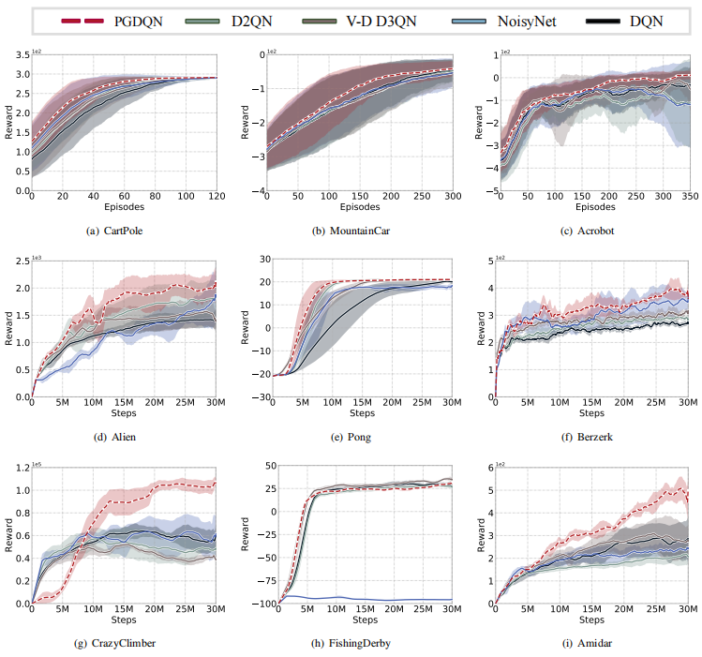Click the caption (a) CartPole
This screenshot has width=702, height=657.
pyautogui.click(x=124, y=231)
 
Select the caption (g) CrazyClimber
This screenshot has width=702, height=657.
pyautogui.click(x=124, y=644)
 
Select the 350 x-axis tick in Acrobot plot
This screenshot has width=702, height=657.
pyautogui.click(x=684, y=199)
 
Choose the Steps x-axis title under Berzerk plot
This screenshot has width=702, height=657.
pyautogui.click(x=591, y=414)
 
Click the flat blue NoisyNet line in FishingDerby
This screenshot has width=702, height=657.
pyautogui.click(x=375, y=599)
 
